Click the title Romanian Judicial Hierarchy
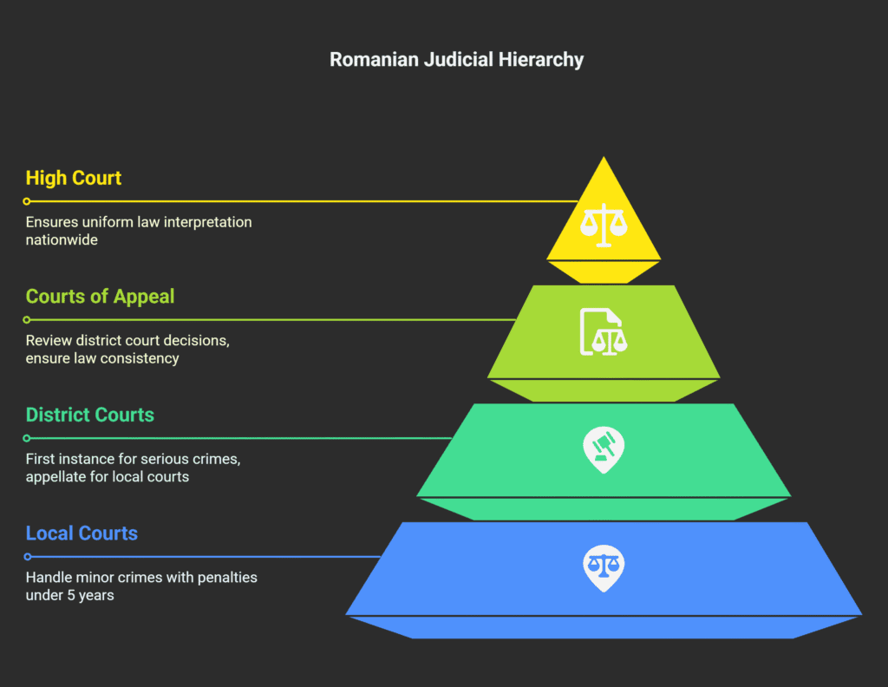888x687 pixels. (x=456, y=60)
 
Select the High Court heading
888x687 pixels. (x=74, y=178)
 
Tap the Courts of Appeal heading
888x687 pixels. (x=100, y=297)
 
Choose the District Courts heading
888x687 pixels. (x=89, y=415)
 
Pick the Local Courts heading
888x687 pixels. (x=82, y=533)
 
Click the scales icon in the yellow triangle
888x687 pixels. (x=604, y=225)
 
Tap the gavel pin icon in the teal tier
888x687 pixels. (x=604, y=449)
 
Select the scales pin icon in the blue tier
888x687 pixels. (x=604, y=568)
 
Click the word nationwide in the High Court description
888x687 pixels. (x=62, y=239)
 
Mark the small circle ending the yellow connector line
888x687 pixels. (x=27, y=201)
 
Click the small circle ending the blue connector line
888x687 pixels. (x=27, y=557)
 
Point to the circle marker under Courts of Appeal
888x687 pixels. (x=27, y=320)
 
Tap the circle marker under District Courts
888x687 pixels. (x=27, y=438)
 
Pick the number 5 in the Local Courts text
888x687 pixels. (x=71, y=595)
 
